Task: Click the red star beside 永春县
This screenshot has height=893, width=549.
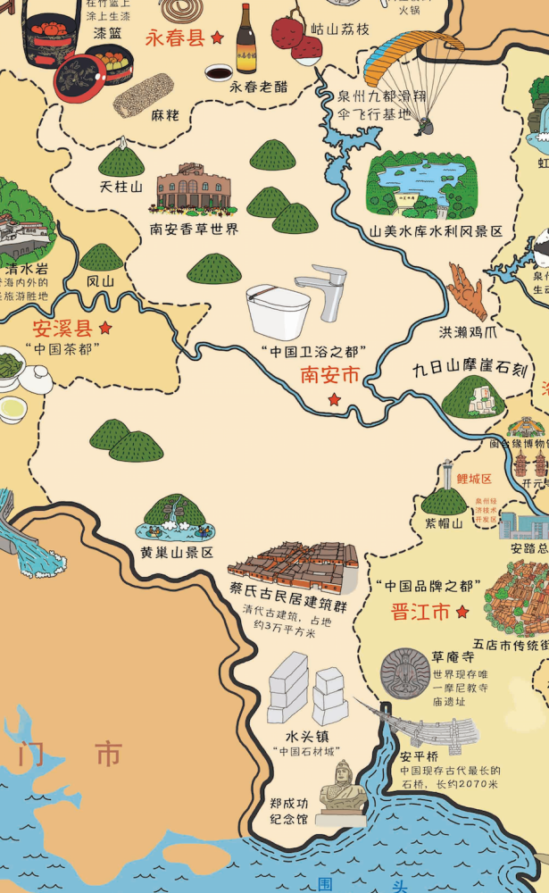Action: point(217,38)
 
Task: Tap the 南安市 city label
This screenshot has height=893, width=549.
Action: point(329,375)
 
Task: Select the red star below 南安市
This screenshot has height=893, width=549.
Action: point(334,399)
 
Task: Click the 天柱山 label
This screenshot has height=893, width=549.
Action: point(121,187)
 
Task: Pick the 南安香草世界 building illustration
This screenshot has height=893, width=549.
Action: point(193,188)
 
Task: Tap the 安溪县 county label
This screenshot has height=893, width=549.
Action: point(62,327)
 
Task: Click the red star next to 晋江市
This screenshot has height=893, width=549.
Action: point(462,612)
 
